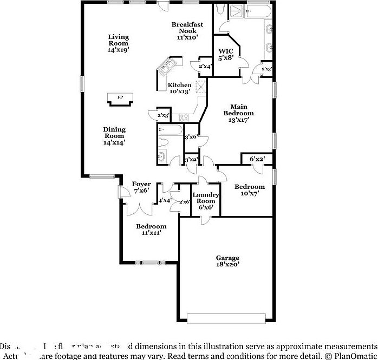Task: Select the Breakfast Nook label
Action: click(187, 31)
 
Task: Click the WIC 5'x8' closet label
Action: click(225, 54)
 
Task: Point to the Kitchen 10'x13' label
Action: click(179, 88)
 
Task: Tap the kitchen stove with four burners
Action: click(183, 116)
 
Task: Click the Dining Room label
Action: click(114, 136)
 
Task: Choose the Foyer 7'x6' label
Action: click(142, 187)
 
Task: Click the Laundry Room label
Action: click(206, 201)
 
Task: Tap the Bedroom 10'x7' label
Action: click(249, 190)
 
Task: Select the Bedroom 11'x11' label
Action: click(151, 229)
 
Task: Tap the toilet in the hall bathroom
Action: click(165, 143)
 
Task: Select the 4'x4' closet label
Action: click(165, 200)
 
